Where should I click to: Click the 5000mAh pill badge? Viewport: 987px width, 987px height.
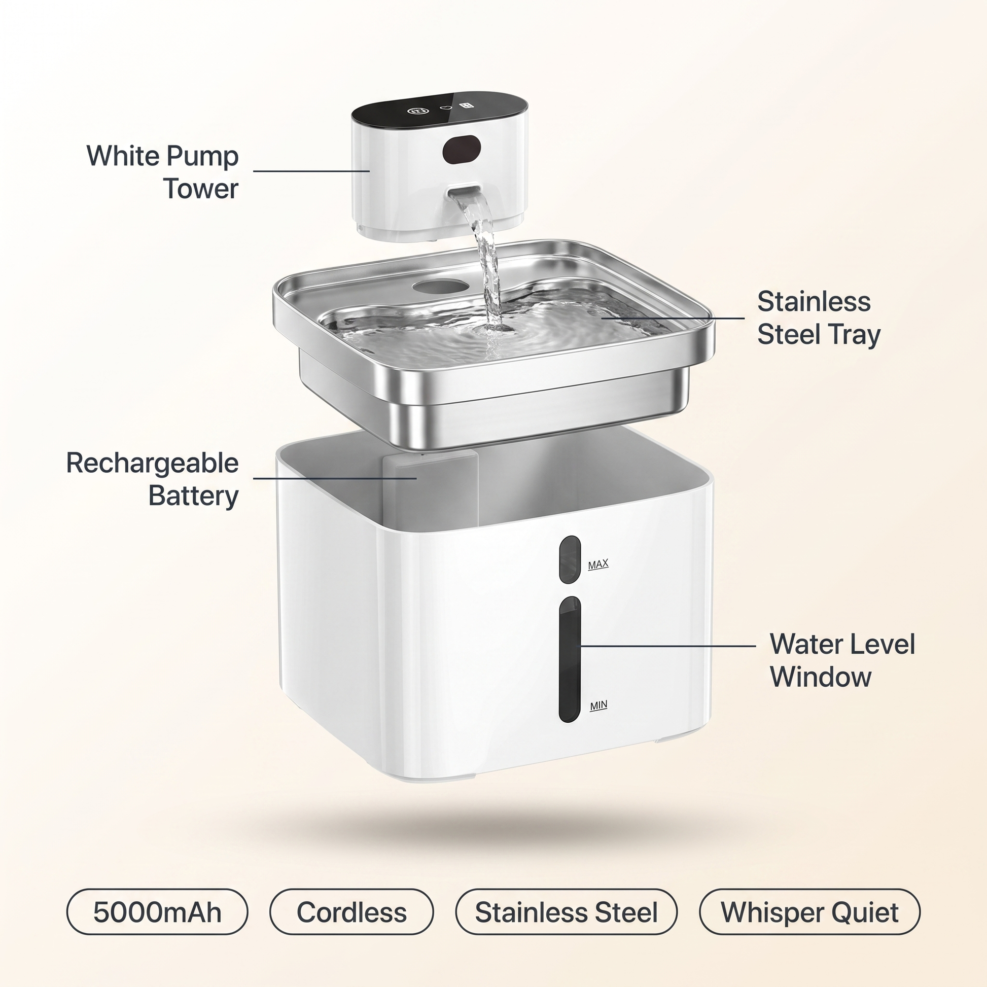157,913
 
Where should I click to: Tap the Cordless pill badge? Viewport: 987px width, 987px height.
351,913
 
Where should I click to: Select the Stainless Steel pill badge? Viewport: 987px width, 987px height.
566,913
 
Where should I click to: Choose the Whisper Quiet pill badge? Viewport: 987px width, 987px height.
809,913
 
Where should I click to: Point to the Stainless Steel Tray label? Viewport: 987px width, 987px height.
819,318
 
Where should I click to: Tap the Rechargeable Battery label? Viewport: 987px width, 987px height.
152,479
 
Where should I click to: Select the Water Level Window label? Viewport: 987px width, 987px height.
842,660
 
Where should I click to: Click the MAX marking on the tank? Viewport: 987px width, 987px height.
598,565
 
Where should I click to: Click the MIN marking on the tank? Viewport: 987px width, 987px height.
598,706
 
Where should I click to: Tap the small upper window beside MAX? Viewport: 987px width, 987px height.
570,559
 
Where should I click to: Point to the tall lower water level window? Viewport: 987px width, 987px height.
570,659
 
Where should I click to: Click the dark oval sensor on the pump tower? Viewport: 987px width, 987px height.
462,149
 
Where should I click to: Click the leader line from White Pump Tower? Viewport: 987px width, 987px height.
311,171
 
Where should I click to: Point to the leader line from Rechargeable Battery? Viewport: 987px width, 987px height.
335,478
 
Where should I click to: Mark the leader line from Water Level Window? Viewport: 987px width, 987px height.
666,646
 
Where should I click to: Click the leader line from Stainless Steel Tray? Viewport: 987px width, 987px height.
673,318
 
